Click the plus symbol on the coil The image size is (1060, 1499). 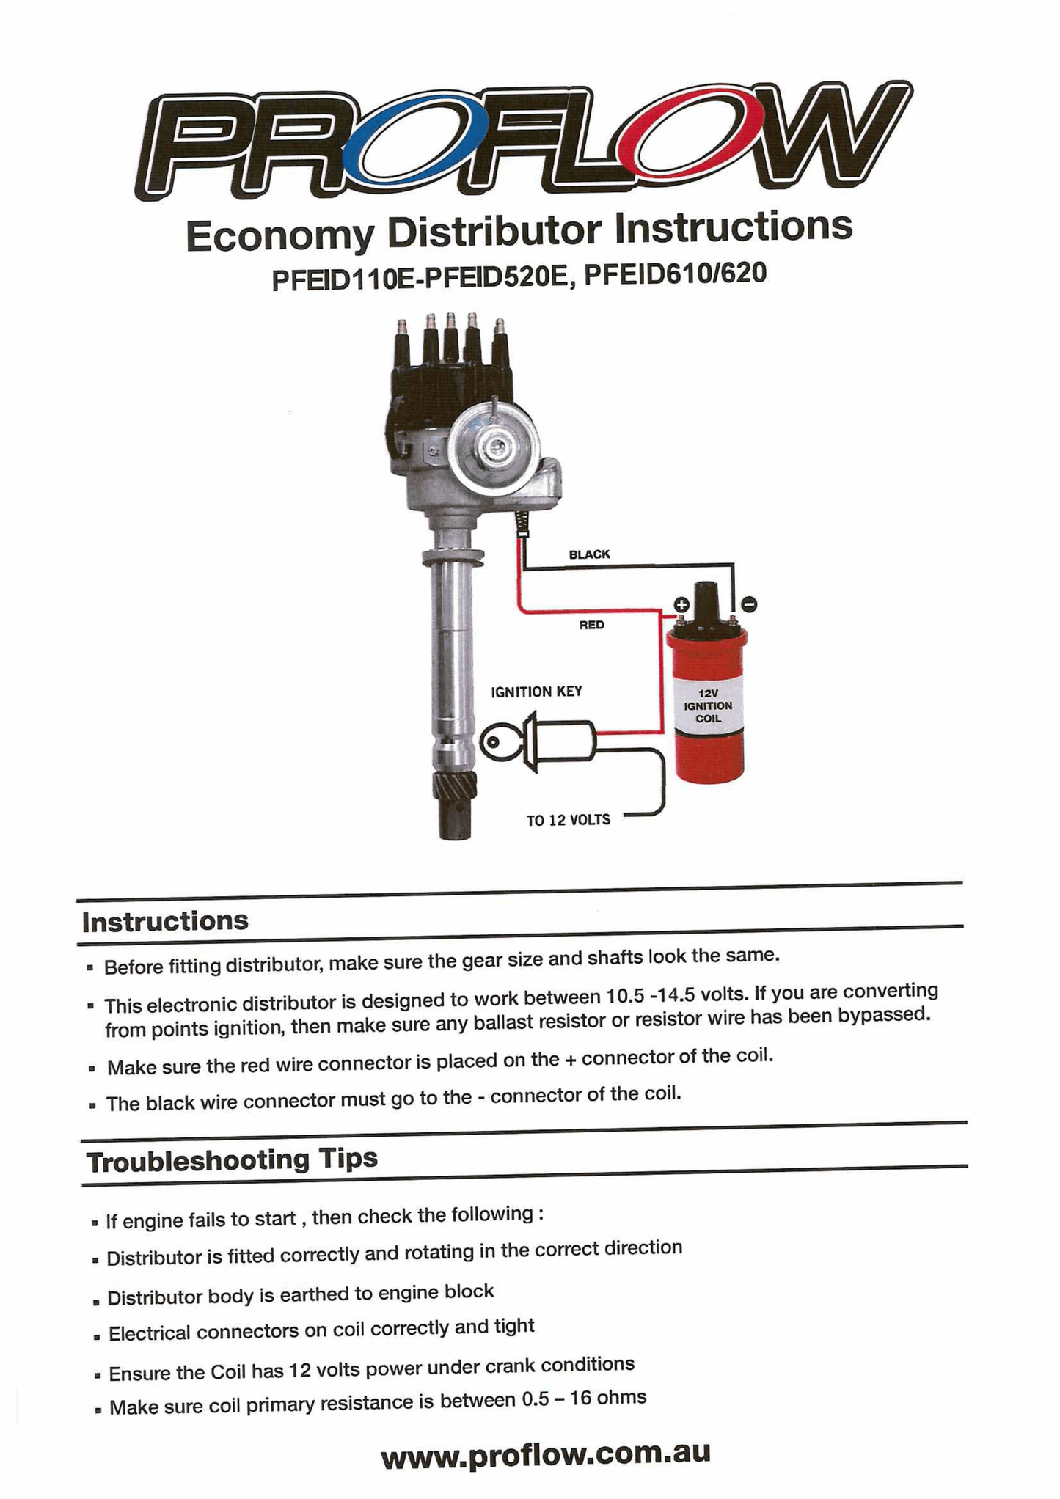(x=681, y=604)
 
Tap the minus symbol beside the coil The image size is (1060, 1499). (x=748, y=604)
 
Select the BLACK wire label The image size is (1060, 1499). (x=589, y=554)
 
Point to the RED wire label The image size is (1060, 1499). (x=591, y=625)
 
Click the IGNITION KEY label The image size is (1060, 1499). (x=536, y=692)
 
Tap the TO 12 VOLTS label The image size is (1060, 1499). (x=568, y=820)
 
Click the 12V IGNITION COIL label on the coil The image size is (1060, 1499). (x=708, y=705)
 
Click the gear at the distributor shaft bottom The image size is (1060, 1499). (x=454, y=788)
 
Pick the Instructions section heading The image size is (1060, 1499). (x=165, y=921)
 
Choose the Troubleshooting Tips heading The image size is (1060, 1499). (x=232, y=1160)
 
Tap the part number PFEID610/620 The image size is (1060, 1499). (x=675, y=274)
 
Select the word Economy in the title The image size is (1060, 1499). (x=279, y=235)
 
